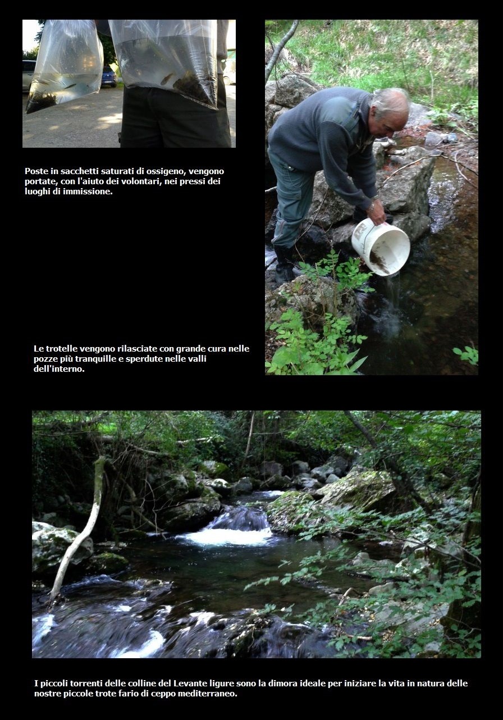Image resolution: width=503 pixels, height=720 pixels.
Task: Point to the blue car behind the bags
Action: pyautogui.click(x=109, y=76)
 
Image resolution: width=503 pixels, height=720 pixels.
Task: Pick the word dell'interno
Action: pyautogui.click(x=59, y=369)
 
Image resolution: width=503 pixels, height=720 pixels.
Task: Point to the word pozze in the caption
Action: pyautogui.click(x=45, y=359)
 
